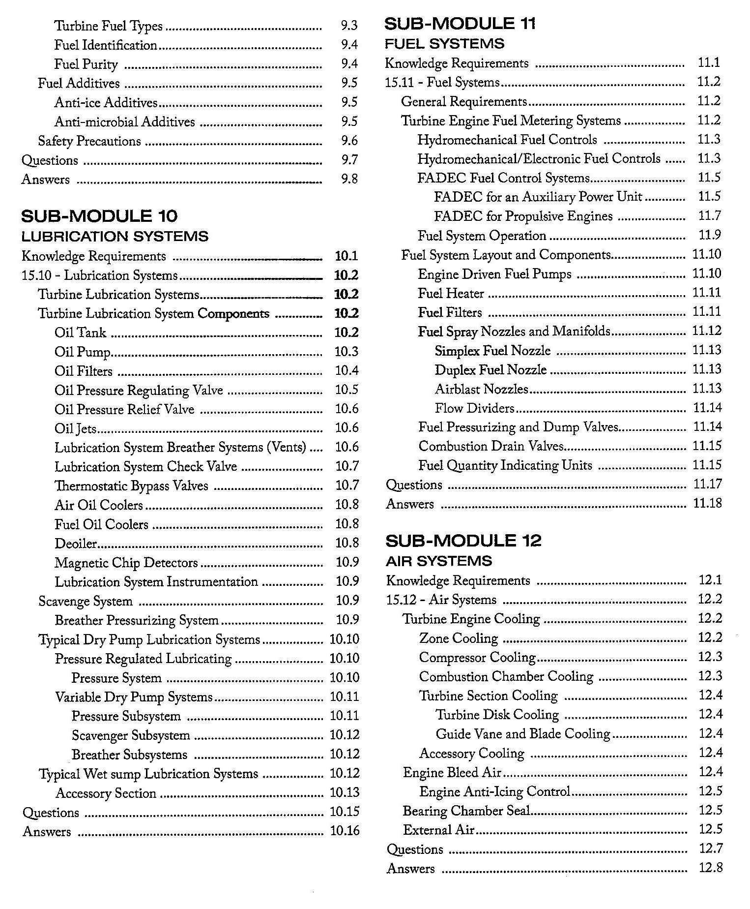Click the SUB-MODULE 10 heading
click(x=99, y=216)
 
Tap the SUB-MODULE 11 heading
click(x=460, y=24)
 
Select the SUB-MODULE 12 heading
click(x=463, y=541)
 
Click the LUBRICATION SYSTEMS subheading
click(x=115, y=237)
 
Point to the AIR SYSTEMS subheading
click(x=439, y=561)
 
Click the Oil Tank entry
click(x=80, y=333)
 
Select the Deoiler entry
click(x=76, y=544)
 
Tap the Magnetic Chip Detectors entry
click(x=126, y=563)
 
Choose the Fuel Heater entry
click(x=451, y=294)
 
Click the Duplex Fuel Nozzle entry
click(x=490, y=370)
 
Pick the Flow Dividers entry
click(x=474, y=408)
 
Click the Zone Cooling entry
click(x=458, y=638)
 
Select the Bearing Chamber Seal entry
click(x=466, y=811)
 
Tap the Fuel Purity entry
click(x=86, y=64)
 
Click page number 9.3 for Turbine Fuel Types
click(x=349, y=26)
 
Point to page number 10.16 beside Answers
click(x=345, y=831)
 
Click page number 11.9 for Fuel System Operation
click(x=710, y=235)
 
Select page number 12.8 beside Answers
click(x=710, y=868)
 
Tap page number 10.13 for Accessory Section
click(x=345, y=792)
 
